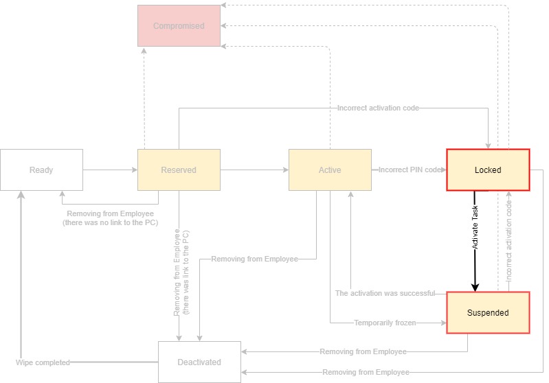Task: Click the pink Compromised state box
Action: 179,26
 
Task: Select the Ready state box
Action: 41,170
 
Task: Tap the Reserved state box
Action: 179,170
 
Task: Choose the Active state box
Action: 330,170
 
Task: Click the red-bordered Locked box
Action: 488,170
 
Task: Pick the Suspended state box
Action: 488,313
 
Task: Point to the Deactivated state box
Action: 199,362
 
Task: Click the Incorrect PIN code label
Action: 410,170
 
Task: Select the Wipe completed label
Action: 43,362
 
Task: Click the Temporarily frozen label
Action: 385,323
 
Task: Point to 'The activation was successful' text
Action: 385,293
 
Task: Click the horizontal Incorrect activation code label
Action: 378,108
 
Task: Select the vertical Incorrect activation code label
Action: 509,240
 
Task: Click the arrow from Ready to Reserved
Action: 110,170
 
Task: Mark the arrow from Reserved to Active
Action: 254,170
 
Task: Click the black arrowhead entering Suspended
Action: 475,287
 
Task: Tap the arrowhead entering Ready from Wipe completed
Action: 21,196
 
